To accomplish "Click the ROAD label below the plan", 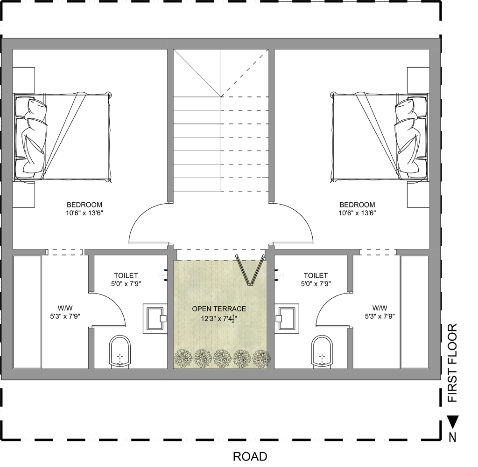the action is pyautogui.click(x=250, y=456).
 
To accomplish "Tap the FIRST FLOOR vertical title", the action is pyautogui.click(x=452, y=363).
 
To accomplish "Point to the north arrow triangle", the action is pyautogui.click(x=453, y=421).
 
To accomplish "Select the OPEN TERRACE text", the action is pyautogui.click(x=219, y=309).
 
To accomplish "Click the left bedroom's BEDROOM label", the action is pyautogui.click(x=84, y=205).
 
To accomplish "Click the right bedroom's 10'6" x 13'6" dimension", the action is pyautogui.click(x=357, y=213).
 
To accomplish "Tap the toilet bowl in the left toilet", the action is pyautogui.click(x=120, y=352).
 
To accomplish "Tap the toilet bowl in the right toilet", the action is pyautogui.click(x=322, y=352).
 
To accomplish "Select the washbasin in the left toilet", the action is pyautogui.click(x=155, y=318).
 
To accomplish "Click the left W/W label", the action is pyautogui.click(x=65, y=308).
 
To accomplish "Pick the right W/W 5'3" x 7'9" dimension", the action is pyautogui.click(x=380, y=316).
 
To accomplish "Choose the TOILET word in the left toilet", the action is pyautogui.click(x=126, y=275).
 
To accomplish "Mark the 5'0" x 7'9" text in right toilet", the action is pyautogui.click(x=316, y=284).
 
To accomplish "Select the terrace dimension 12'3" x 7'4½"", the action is pyautogui.click(x=219, y=318).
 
